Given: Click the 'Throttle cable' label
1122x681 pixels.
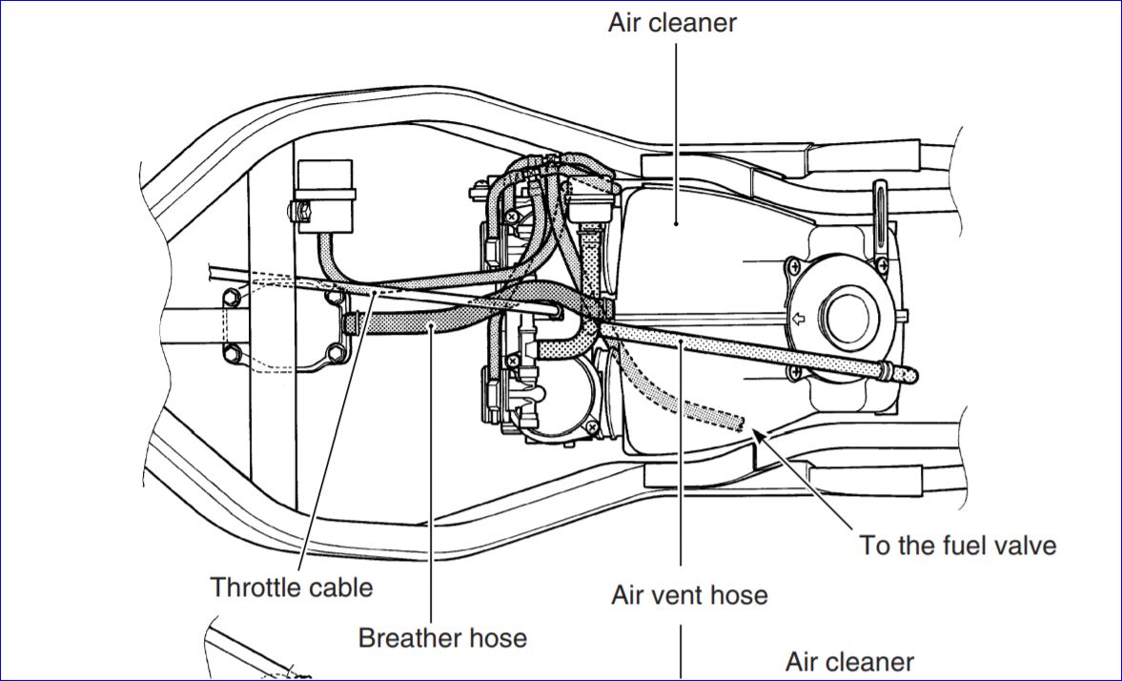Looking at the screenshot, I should (x=291, y=587).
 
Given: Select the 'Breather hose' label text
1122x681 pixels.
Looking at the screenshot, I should (x=442, y=636).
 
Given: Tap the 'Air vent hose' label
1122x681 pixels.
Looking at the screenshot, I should (x=689, y=595).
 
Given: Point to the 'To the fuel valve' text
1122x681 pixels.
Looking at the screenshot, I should (x=958, y=545).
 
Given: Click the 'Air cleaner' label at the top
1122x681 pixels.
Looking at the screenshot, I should (x=672, y=23).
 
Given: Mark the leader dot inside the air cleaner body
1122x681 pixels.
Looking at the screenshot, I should (x=676, y=223).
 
